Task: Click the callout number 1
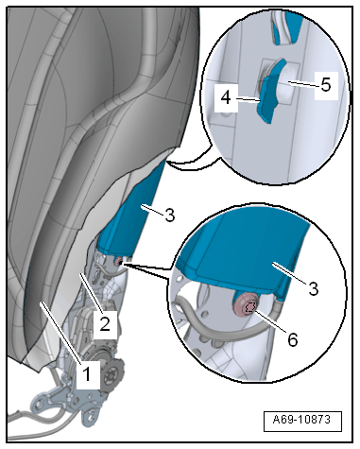(86, 374)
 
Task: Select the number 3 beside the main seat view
(170, 216)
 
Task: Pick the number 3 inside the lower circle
(313, 288)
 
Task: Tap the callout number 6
(293, 339)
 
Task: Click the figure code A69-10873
(301, 420)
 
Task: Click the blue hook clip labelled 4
(267, 97)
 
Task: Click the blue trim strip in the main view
(132, 217)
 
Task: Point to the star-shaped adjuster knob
(112, 373)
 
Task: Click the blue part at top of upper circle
(286, 26)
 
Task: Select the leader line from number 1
(61, 333)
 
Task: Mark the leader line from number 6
(270, 321)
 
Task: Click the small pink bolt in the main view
(119, 262)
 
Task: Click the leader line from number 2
(91, 292)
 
